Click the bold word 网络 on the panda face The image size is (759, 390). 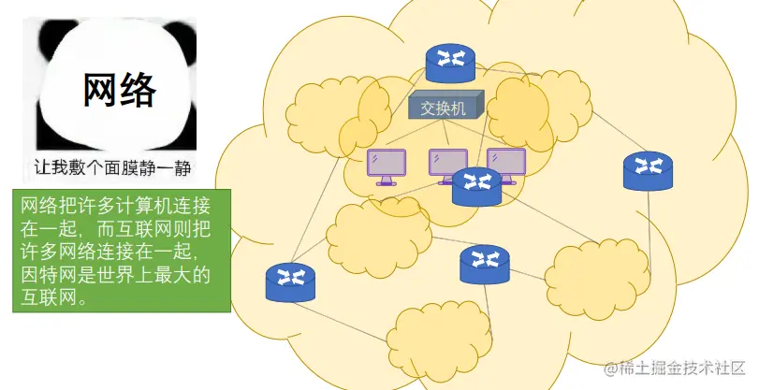[x=120, y=91]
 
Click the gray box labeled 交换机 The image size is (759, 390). [x=445, y=107]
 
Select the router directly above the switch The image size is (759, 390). [x=450, y=62]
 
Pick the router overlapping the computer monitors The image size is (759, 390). [x=476, y=186]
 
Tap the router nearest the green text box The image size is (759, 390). [x=291, y=282]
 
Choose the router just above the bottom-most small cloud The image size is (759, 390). [x=484, y=265]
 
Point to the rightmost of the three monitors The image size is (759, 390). [x=506, y=163]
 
